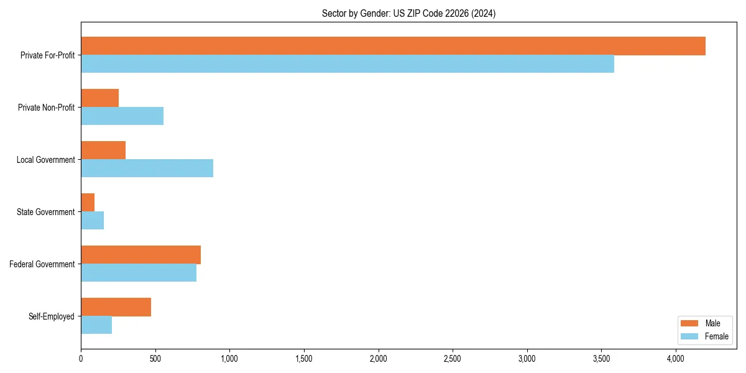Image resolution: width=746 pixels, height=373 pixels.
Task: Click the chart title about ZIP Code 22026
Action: (408, 14)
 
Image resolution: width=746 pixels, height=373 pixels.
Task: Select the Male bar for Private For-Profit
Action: (393, 46)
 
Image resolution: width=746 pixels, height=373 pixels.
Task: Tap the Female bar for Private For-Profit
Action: (348, 64)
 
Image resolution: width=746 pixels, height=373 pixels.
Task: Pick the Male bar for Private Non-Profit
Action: (99, 98)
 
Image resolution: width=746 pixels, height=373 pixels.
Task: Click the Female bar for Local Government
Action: (147, 168)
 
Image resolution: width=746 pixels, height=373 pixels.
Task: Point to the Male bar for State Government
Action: (88, 203)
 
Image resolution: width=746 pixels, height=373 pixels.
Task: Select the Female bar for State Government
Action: (92, 221)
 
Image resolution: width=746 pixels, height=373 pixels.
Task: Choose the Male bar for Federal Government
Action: (140, 255)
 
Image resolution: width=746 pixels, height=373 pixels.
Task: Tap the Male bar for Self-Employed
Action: (116, 307)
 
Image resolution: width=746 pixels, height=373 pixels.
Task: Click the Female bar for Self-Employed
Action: (96, 325)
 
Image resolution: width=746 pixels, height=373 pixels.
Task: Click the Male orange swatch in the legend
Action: (690, 323)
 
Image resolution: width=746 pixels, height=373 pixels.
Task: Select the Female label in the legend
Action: (716, 336)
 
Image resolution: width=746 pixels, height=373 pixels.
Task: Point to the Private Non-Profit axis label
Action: (46, 108)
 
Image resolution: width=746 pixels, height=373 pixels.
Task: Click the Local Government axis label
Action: (45, 160)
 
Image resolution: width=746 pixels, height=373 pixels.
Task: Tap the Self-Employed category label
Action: (52, 316)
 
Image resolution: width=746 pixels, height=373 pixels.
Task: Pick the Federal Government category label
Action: (42, 264)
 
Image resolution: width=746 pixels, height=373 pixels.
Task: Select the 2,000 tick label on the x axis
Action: (378, 359)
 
